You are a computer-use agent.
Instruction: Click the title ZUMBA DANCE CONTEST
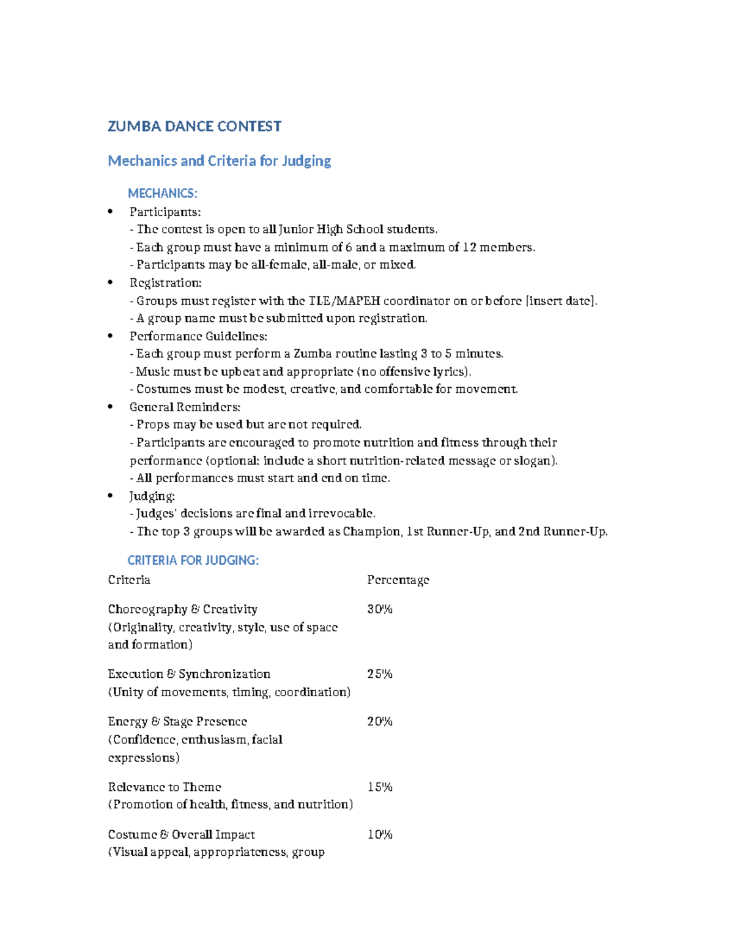tap(195, 127)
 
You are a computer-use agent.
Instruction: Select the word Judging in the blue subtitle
tap(306, 161)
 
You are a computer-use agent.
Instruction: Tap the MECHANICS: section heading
tap(163, 193)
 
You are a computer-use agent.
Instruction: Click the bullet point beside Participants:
tap(111, 212)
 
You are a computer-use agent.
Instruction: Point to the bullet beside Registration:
tap(111, 283)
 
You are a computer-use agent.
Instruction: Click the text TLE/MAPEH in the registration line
tap(344, 301)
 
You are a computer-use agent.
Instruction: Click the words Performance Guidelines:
tap(198, 336)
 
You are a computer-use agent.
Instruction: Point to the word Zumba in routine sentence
tap(313, 354)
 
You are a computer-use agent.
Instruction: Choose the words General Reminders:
tap(185, 407)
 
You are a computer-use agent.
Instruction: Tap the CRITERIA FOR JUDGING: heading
tap(193, 560)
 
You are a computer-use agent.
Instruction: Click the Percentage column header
tap(398, 580)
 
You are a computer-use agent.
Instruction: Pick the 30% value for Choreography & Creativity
tap(379, 609)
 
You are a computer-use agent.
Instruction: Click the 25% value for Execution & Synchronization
tap(379, 674)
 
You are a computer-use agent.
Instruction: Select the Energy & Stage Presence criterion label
tap(177, 722)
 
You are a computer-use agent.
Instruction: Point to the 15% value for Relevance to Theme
tap(379, 787)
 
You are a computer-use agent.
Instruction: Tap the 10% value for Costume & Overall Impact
tap(379, 835)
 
